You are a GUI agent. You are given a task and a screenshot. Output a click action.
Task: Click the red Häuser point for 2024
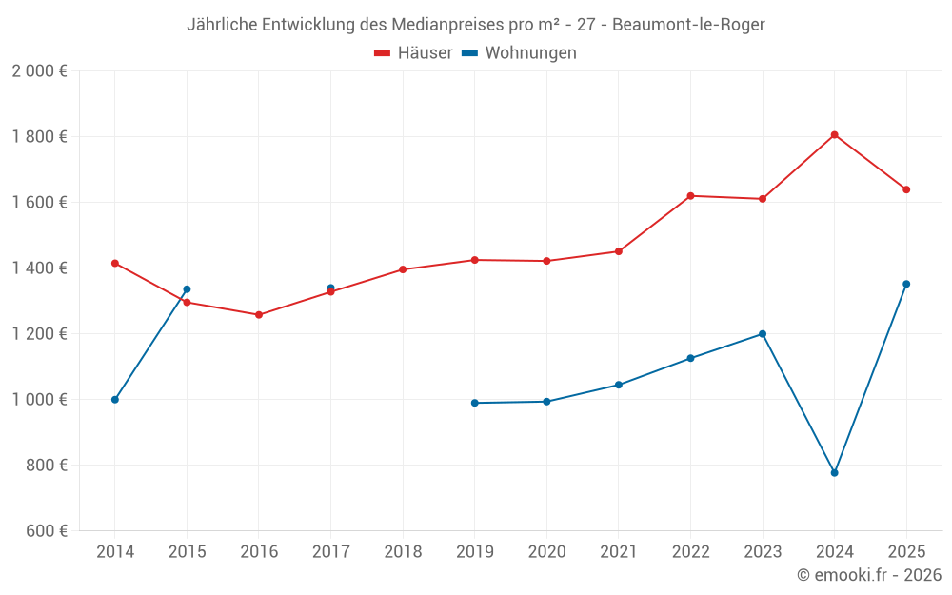pyautogui.click(x=834, y=135)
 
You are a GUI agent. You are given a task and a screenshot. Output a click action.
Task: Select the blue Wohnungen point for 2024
pyautogui.click(x=834, y=473)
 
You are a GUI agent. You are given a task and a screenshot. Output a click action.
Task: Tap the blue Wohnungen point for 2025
pyautogui.click(x=906, y=284)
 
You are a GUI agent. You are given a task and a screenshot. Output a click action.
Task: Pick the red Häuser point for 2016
pyautogui.click(x=259, y=315)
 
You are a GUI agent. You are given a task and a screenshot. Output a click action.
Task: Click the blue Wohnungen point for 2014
pyautogui.click(x=115, y=400)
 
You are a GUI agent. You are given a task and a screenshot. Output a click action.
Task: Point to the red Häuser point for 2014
pyautogui.click(x=115, y=263)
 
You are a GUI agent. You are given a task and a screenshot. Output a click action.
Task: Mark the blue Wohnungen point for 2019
pyautogui.click(x=475, y=403)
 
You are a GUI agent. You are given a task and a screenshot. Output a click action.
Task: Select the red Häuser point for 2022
pyautogui.click(x=690, y=196)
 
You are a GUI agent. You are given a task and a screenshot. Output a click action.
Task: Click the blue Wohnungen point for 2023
pyautogui.click(x=763, y=334)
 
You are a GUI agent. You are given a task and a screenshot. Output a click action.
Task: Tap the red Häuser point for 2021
pyautogui.click(x=619, y=251)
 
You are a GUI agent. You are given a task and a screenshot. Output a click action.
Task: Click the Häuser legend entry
pyautogui.click(x=413, y=53)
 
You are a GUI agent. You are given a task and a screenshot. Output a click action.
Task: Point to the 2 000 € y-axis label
pyautogui.click(x=39, y=71)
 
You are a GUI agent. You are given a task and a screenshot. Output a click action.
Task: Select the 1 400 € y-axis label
pyautogui.click(x=39, y=268)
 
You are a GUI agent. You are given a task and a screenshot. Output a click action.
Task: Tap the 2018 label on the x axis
pyautogui.click(x=403, y=551)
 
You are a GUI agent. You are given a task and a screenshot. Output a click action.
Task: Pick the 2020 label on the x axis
pyautogui.click(x=546, y=551)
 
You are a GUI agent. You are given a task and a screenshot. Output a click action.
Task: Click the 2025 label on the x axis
pyautogui.click(x=906, y=551)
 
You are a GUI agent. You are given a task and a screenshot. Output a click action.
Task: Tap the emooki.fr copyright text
pyautogui.click(x=868, y=575)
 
